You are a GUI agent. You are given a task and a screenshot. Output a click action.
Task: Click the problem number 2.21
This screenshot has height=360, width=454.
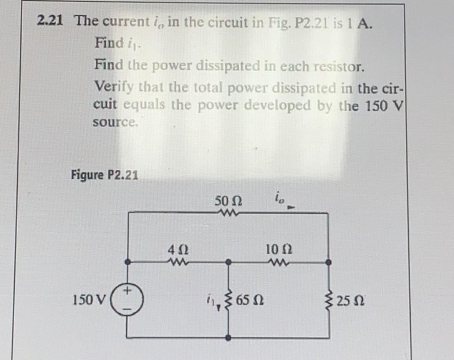50,20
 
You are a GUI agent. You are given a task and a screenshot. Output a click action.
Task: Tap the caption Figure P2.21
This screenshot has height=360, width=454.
104,174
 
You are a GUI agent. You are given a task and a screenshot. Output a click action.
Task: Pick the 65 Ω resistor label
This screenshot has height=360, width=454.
250,300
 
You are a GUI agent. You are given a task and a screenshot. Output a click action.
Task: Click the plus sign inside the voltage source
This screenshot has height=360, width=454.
128,289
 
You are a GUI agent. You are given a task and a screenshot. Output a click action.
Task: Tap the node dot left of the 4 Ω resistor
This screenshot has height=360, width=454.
129,262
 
